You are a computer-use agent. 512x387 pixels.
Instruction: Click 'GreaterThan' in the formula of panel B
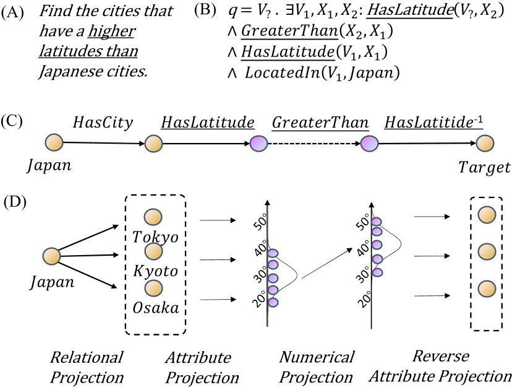click(x=280, y=33)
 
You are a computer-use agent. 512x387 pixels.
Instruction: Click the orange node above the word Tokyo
click(x=153, y=217)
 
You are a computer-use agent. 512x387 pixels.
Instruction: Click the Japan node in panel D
click(x=51, y=256)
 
